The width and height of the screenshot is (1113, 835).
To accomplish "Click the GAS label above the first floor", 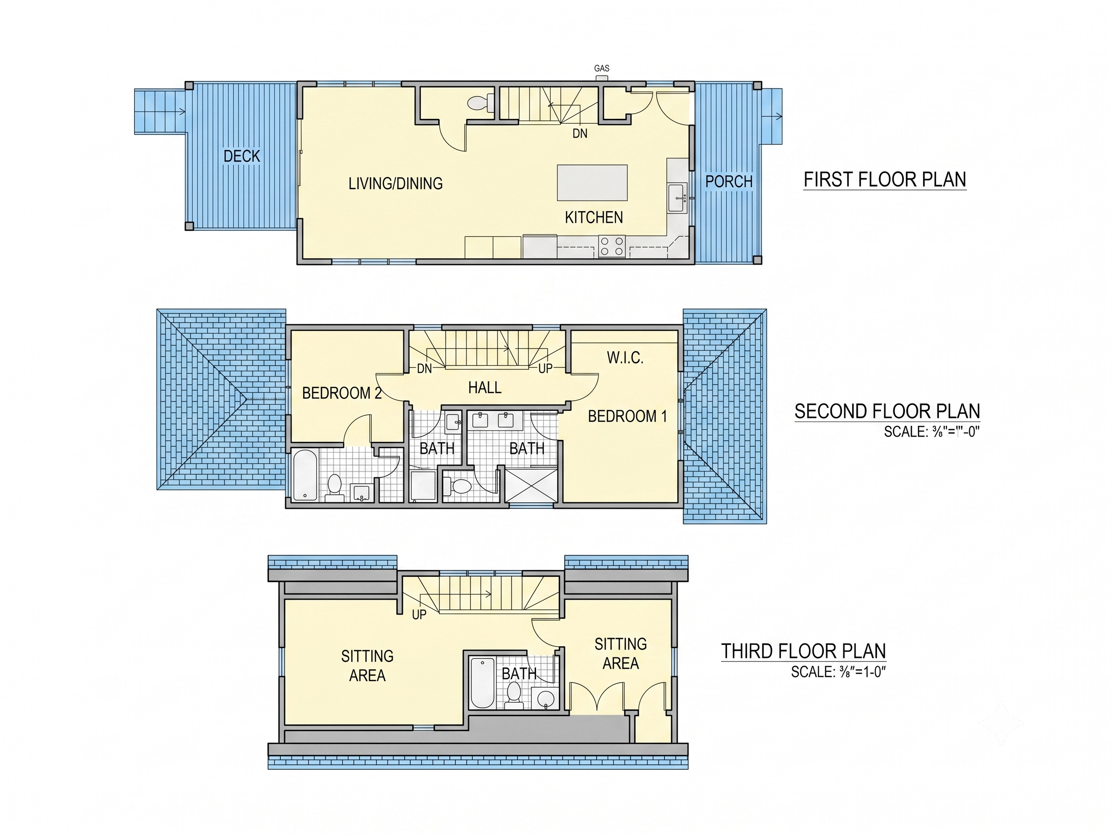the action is tap(602, 68).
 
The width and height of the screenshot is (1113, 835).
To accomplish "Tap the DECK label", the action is tap(242, 156).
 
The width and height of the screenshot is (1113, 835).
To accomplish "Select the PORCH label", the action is tap(729, 182).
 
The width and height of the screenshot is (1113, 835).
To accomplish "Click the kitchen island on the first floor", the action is tap(592, 183).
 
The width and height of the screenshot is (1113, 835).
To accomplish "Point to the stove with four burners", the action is tap(612, 246).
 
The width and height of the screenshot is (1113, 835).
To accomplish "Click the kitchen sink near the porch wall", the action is tap(677, 198).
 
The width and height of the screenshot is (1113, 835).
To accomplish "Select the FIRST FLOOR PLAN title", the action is tap(884, 180).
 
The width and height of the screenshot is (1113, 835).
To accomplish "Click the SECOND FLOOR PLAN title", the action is tap(887, 411).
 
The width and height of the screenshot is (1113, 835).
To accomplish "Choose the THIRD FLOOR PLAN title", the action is tap(804, 651).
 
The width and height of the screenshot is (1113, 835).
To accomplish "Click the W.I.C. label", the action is tap(625, 358).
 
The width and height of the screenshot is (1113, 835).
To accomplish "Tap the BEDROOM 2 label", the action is tap(342, 393).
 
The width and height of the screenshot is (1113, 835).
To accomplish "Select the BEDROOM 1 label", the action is tap(627, 416).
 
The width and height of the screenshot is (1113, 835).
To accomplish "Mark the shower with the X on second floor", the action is tap(531, 485).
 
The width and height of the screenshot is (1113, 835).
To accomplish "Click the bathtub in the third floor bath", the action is tap(482, 683).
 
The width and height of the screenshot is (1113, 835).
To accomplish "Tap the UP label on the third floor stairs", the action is tap(419, 615).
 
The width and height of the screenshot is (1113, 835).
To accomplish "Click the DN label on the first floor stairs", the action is tap(580, 133).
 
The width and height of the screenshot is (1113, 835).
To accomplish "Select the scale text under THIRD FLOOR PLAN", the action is tap(838, 672).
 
